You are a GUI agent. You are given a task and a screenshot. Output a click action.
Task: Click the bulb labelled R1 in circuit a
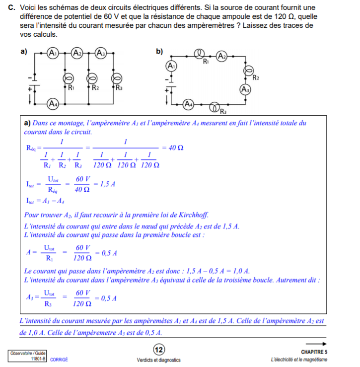click(x=70, y=78)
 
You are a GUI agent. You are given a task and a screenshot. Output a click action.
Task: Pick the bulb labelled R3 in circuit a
click(x=118, y=78)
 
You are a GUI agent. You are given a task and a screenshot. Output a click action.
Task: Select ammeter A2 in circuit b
click(x=222, y=57)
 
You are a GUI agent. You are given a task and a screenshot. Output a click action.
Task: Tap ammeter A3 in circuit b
click(x=244, y=89)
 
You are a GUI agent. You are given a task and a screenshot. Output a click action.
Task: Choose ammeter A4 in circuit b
click(x=188, y=104)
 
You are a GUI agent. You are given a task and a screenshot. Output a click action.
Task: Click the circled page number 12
click(x=159, y=350)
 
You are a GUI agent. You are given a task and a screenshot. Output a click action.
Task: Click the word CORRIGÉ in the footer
click(x=59, y=360)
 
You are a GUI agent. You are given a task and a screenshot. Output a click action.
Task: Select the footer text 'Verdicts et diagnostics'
click(x=159, y=360)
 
